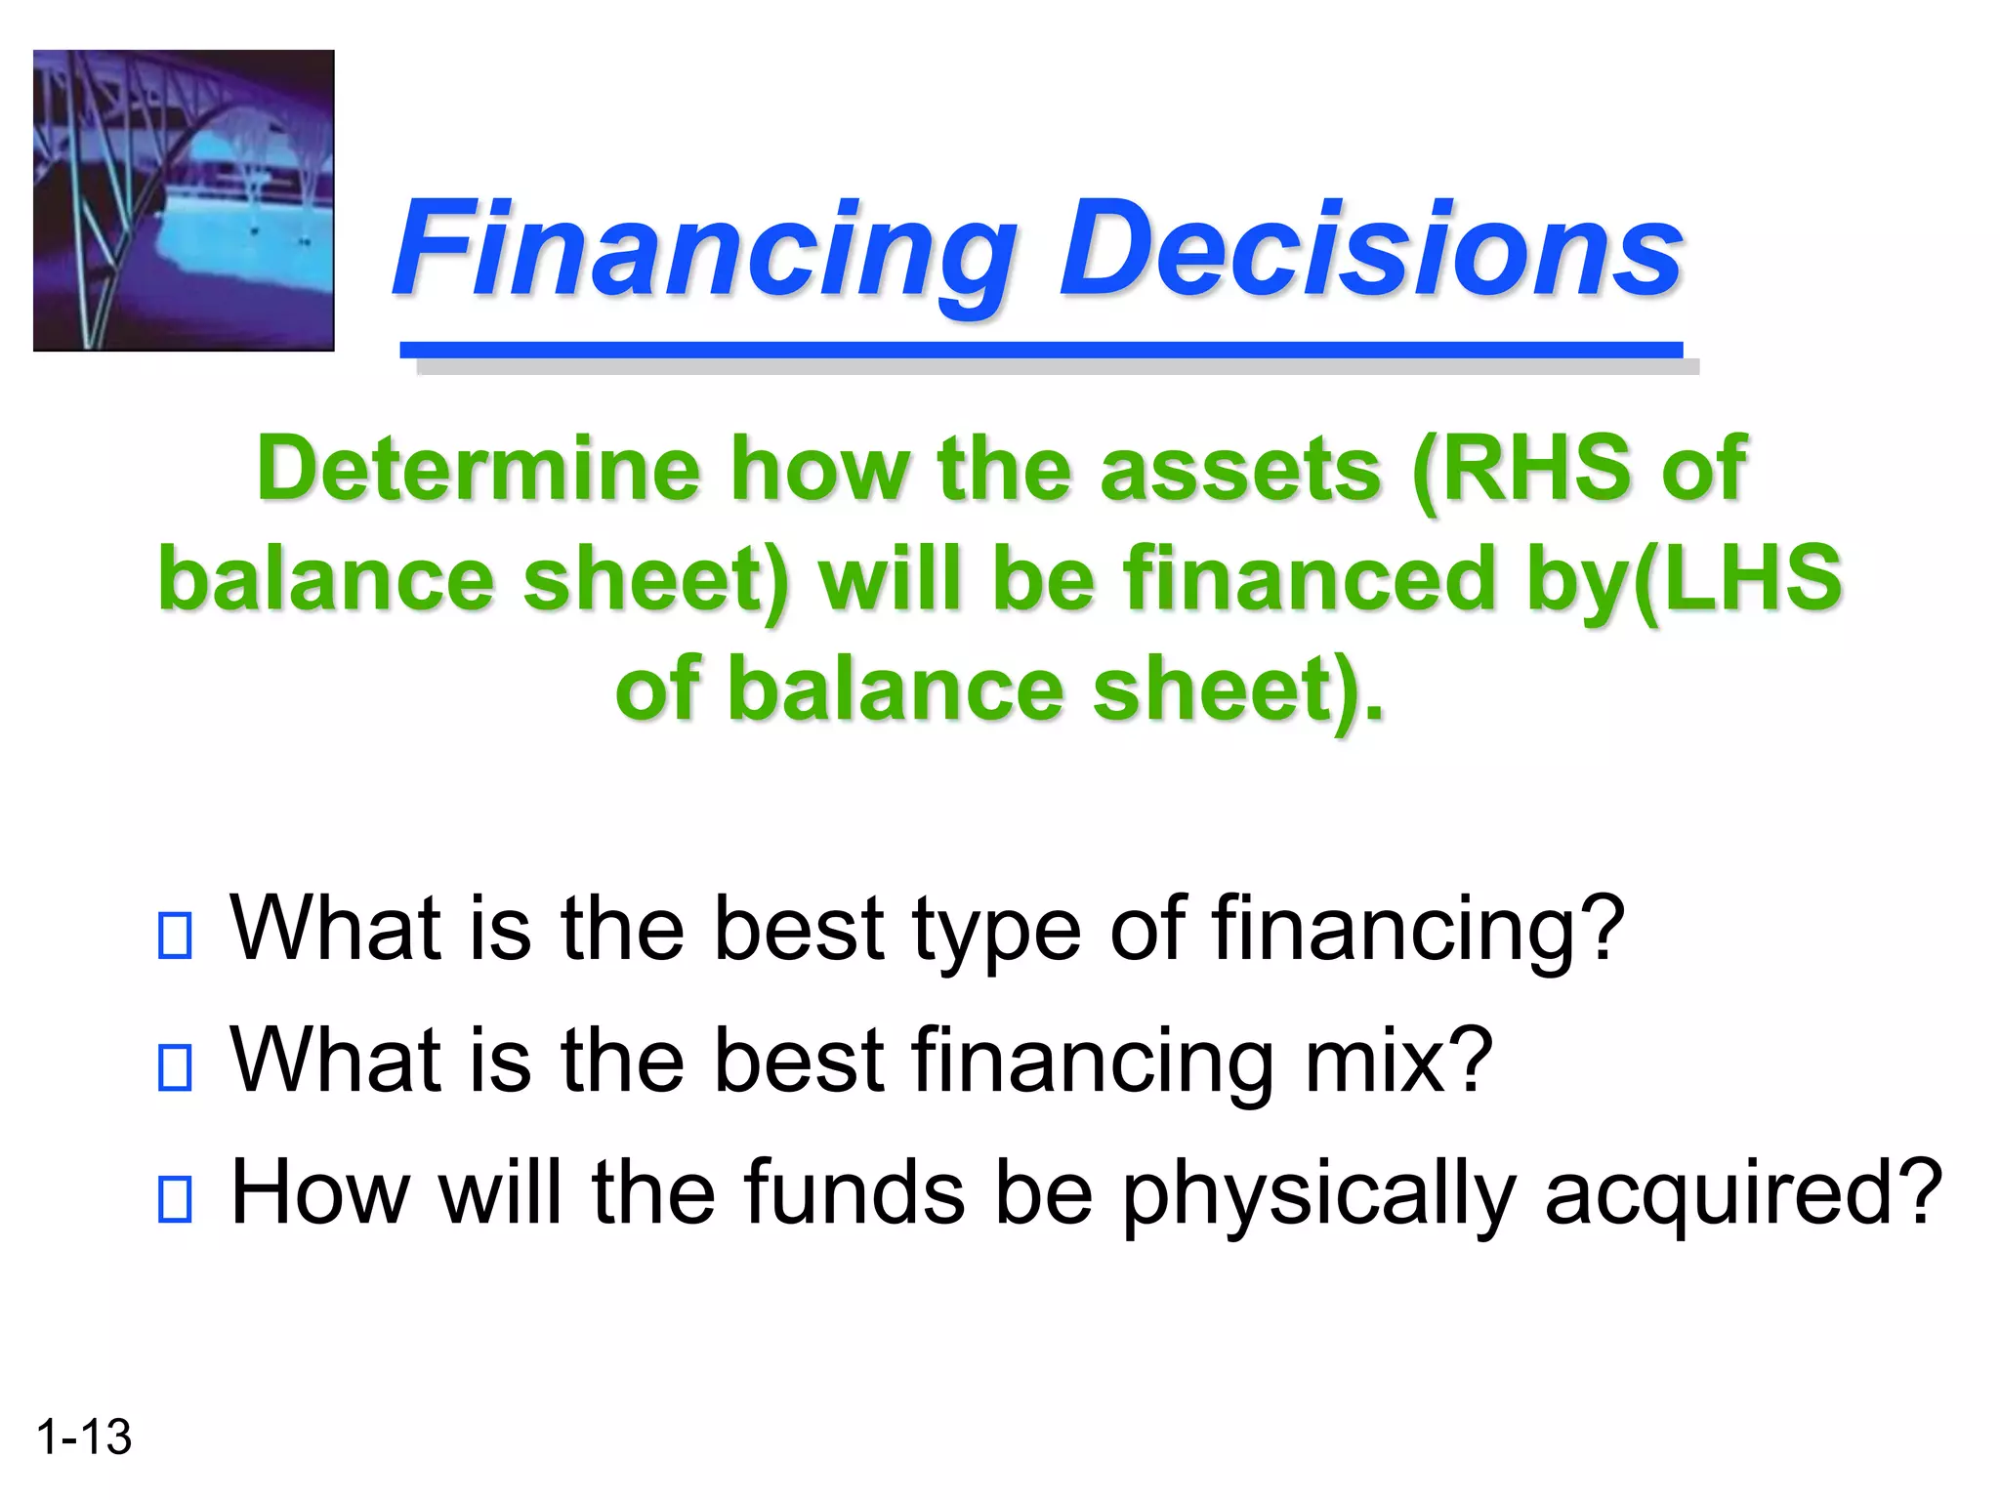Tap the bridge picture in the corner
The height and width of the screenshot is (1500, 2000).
click(184, 200)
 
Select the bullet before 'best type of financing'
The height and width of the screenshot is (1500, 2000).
click(175, 935)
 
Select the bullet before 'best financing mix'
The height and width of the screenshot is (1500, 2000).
click(175, 1066)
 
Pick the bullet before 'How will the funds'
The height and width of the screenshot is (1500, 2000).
click(175, 1199)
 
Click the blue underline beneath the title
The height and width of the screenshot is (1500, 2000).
click(1041, 350)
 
